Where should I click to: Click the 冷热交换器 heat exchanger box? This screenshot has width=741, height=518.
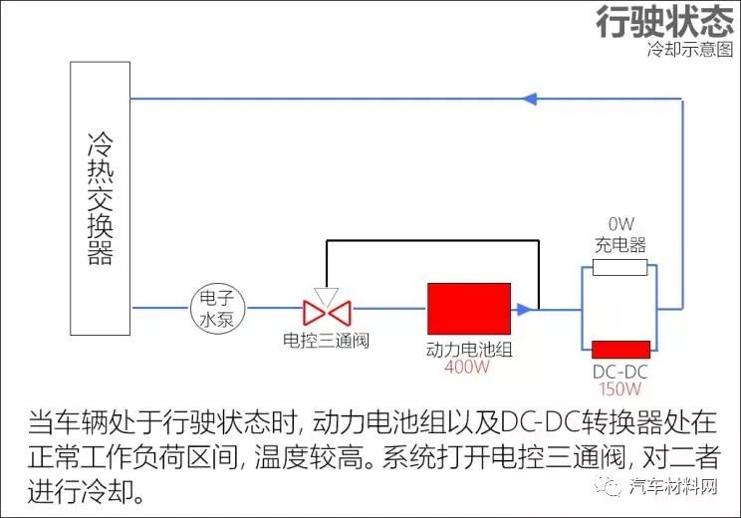pyautogui.click(x=101, y=198)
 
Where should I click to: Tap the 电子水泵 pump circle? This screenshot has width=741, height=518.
pyautogui.click(x=218, y=308)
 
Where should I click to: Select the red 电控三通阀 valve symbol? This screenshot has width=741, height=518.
pyautogui.click(x=327, y=313)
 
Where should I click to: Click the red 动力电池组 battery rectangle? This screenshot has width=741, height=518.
pyautogui.click(x=469, y=309)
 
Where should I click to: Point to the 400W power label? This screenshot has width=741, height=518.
pyautogui.click(x=467, y=367)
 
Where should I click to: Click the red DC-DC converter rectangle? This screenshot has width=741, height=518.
pyautogui.click(x=620, y=350)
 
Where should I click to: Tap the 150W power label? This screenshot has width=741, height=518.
pyautogui.click(x=620, y=388)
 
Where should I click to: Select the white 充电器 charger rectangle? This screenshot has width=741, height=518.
pyautogui.click(x=620, y=268)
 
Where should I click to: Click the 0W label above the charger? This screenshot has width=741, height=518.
pyautogui.click(x=620, y=223)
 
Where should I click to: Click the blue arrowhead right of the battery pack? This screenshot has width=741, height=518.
pyautogui.click(x=524, y=310)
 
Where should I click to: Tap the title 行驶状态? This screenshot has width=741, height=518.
pyautogui.click(x=665, y=21)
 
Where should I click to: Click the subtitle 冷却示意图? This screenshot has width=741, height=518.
pyautogui.click(x=690, y=49)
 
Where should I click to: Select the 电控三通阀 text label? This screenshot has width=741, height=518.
pyautogui.click(x=326, y=341)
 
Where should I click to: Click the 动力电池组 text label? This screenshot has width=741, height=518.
pyautogui.click(x=469, y=350)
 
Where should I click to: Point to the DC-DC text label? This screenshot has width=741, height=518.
pyautogui.click(x=620, y=372)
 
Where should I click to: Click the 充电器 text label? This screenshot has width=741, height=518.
pyautogui.click(x=620, y=245)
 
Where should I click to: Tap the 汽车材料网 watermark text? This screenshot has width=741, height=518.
pyautogui.click(x=673, y=486)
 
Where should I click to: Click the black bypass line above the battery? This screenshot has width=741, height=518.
pyautogui.click(x=432, y=241)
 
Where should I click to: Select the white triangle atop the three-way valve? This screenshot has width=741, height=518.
pyautogui.click(x=327, y=297)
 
